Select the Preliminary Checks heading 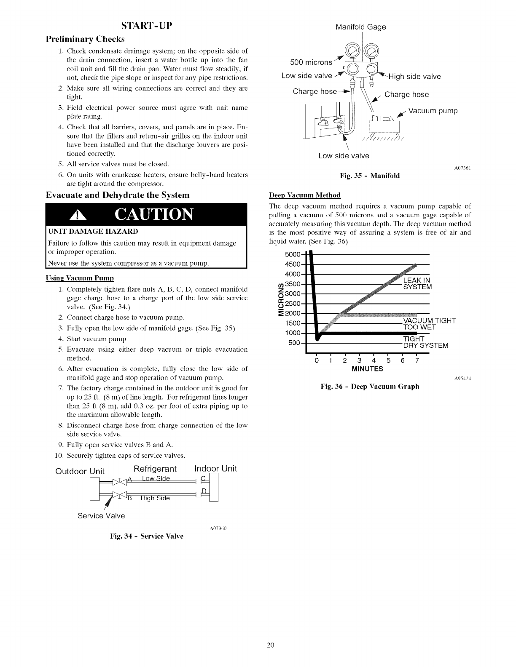85,39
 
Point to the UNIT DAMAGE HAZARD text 93,232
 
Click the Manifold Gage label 360,27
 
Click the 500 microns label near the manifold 311,63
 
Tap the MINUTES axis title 367,369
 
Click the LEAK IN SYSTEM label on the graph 417,284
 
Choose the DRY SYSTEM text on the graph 425,346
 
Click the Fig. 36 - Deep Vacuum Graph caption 370,387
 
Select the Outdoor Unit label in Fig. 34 80,471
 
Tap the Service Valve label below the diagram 101,516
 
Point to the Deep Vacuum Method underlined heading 305,195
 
